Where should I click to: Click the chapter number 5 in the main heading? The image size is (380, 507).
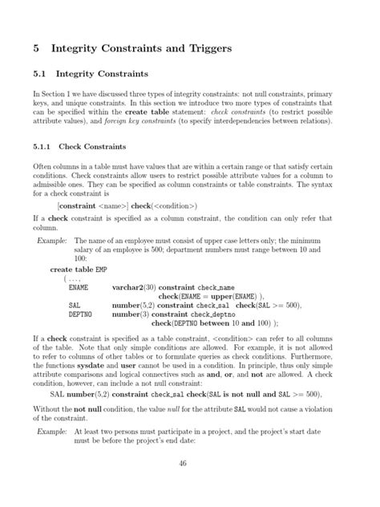[x=37, y=48]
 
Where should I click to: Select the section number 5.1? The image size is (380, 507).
[x=39, y=76]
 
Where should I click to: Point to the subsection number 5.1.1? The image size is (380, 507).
[x=42, y=147]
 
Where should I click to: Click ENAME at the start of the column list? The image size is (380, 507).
[x=79, y=286]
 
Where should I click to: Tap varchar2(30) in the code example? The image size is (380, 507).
[x=134, y=286]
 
